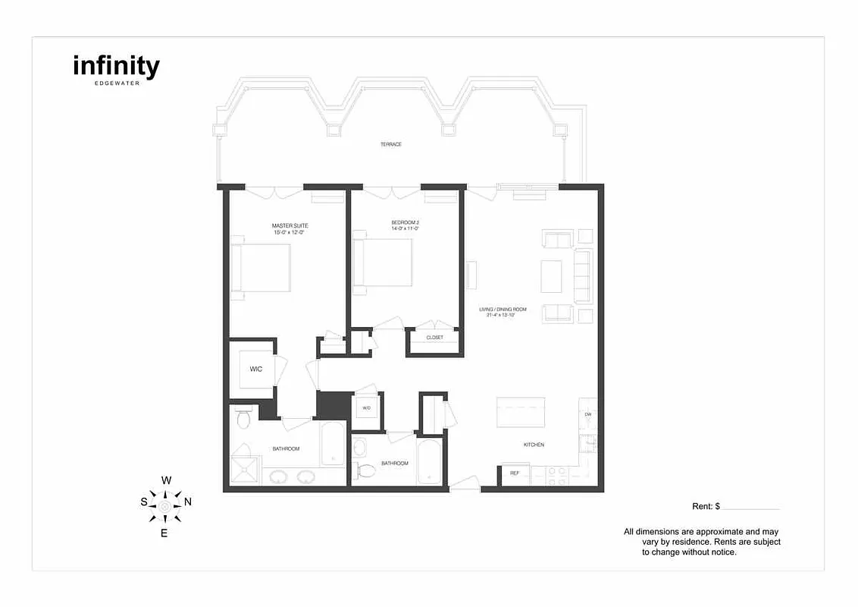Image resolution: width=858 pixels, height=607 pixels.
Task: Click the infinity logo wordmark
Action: pos(116,67)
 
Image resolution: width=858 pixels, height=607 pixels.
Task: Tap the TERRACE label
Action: pos(391,144)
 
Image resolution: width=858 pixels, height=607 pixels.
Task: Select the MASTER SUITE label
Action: pos(290,225)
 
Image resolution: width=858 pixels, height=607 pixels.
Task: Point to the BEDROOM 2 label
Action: pos(406,222)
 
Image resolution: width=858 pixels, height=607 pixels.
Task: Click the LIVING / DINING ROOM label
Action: pos(503,310)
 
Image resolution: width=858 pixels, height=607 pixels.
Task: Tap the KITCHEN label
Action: pos(533,445)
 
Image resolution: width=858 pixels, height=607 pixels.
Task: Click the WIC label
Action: pos(255,370)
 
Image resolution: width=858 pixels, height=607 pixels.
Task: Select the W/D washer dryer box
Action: pos(366,408)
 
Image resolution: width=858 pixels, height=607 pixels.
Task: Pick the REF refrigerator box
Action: pos(514,473)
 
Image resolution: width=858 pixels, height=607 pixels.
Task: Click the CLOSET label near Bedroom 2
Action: pos(434,338)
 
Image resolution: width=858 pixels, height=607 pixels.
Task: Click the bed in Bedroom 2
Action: pos(384,263)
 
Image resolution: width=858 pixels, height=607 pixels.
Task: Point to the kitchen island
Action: pos(521,413)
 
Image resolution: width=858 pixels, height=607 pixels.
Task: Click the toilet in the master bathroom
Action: pos(244,418)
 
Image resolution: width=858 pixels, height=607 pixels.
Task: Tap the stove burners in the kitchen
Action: pos(557,475)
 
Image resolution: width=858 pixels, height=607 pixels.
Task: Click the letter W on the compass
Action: pos(167,480)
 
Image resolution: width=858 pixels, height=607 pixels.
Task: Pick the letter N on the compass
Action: pos(188,502)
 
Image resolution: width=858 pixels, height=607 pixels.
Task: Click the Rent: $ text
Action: pos(706,506)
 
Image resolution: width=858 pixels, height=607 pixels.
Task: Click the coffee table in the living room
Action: pos(551,276)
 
